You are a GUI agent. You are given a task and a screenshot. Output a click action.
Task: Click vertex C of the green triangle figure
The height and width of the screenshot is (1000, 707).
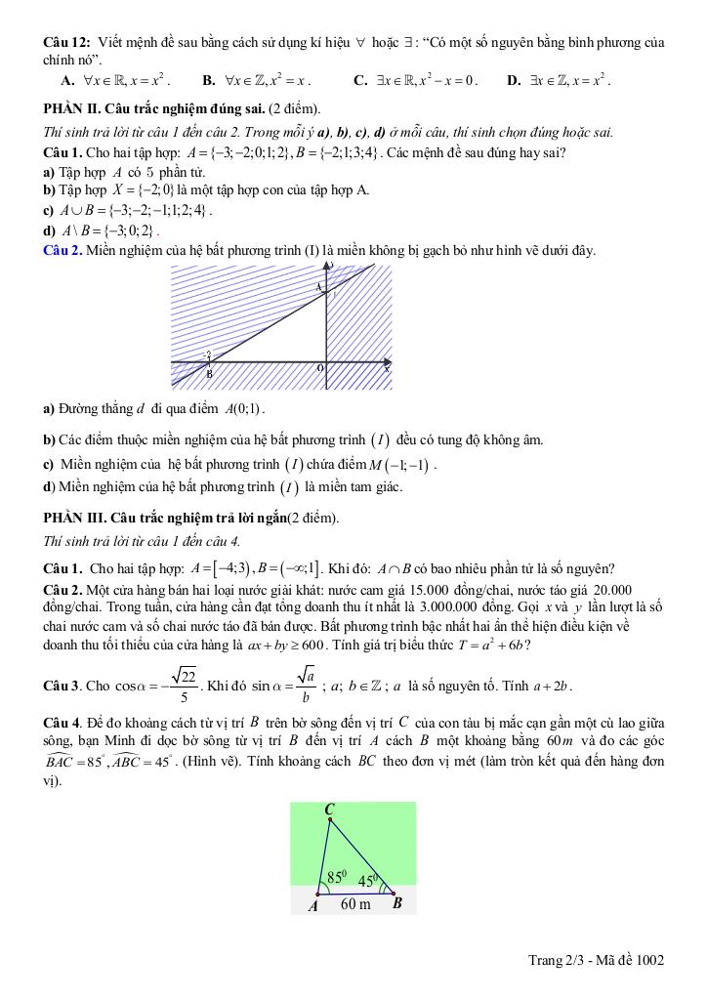[x=330, y=811]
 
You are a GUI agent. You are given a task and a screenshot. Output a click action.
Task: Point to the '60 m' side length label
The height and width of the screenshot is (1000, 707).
[x=355, y=904]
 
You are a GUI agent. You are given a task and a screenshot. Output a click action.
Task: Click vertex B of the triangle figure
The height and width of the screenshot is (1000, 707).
[x=397, y=903]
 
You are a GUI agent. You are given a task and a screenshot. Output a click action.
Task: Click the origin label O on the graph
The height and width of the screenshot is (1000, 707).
[x=319, y=368]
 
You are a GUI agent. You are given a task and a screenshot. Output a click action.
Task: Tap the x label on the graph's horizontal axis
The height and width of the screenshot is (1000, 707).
[x=386, y=368]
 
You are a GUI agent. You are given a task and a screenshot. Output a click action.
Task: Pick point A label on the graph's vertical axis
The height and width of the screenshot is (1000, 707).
[x=318, y=288]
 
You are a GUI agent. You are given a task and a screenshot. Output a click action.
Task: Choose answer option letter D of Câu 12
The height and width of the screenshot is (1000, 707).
[x=514, y=80]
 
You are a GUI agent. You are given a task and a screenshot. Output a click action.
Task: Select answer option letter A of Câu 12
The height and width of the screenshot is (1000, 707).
[x=66, y=80]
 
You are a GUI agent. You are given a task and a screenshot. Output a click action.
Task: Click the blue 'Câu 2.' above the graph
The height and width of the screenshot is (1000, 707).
[x=63, y=251]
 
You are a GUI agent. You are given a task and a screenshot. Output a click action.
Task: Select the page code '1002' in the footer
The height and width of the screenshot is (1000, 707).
[x=648, y=961]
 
